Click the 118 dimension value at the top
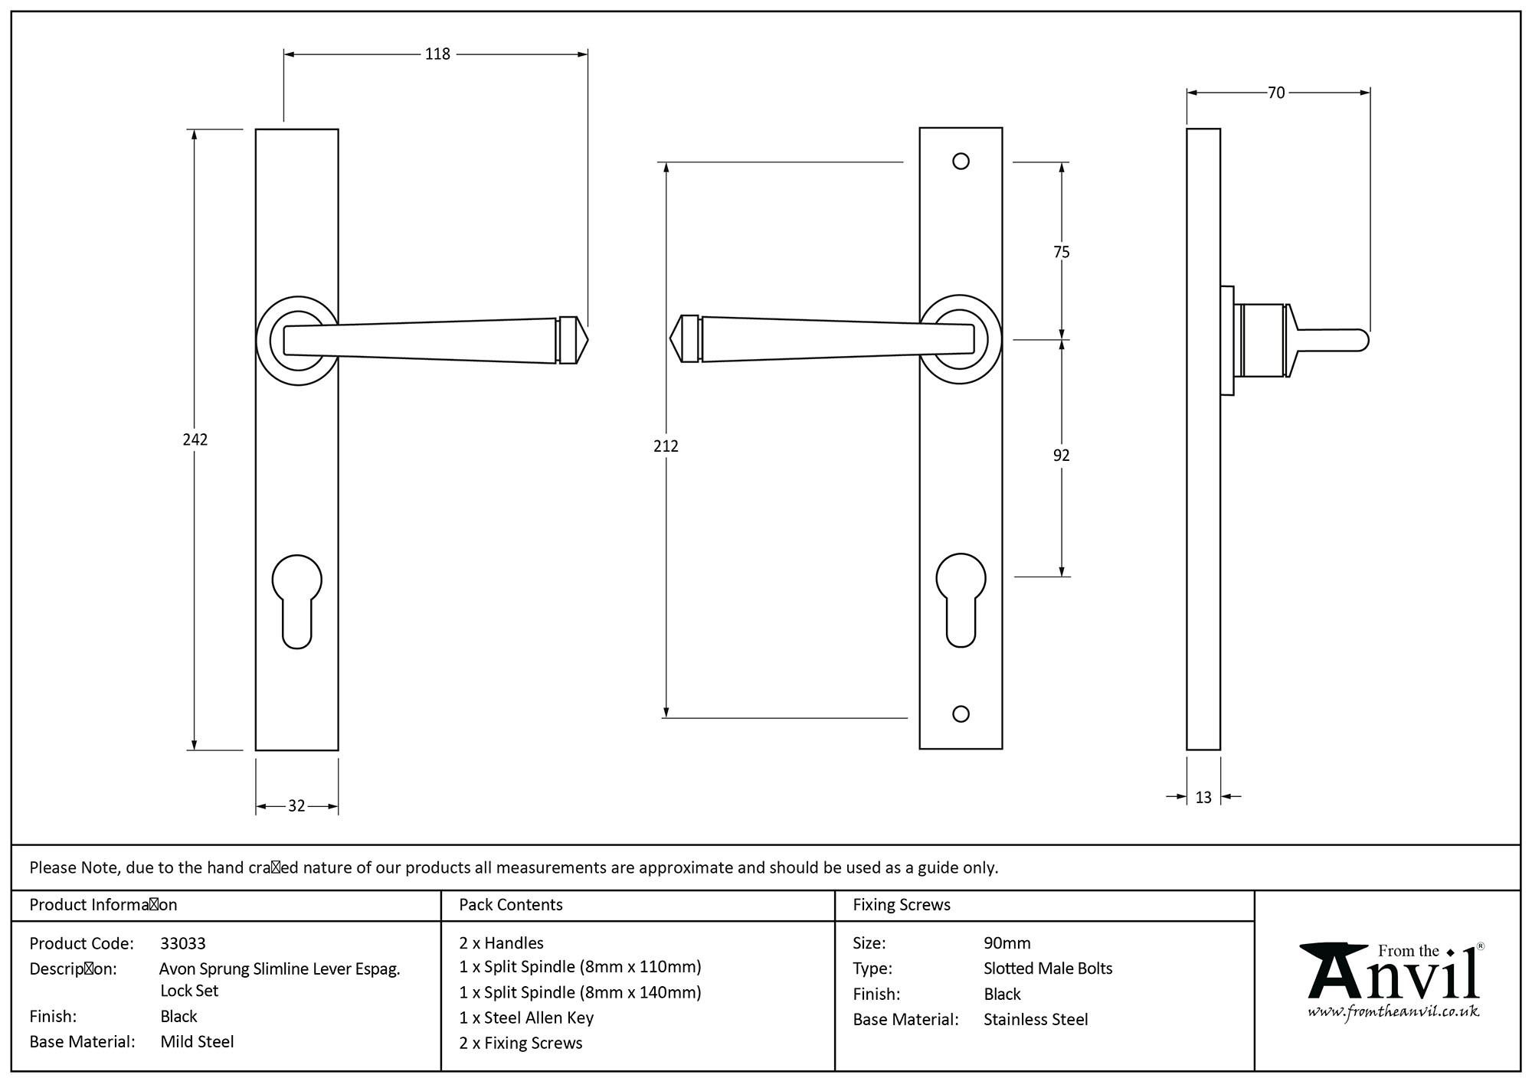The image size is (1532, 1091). [x=437, y=54]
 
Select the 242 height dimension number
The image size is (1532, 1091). [x=195, y=439]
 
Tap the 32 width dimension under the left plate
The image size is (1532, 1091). [x=296, y=806]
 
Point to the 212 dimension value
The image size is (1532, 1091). [x=666, y=446]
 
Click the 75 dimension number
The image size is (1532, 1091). [x=1061, y=252]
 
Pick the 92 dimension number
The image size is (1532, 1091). [x=1061, y=456]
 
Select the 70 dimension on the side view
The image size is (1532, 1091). [x=1276, y=93]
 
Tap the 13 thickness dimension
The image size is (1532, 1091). [x=1203, y=798]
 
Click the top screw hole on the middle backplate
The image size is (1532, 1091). [x=961, y=162]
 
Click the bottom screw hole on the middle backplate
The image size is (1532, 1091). [x=961, y=714]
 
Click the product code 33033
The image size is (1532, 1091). [x=182, y=943]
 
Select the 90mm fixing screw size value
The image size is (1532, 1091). [x=1007, y=943]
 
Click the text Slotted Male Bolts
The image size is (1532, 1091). [x=1047, y=969]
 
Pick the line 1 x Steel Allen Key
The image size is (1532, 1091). [x=526, y=1018]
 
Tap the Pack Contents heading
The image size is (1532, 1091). [x=510, y=905]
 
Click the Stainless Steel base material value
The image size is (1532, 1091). [x=1035, y=1020]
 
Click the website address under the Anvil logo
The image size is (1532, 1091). [x=1392, y=1012]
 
